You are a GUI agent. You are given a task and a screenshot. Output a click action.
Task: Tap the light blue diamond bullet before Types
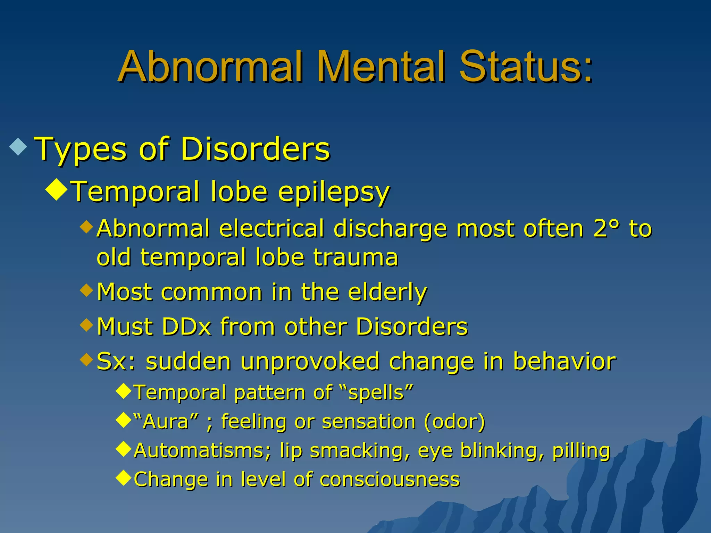click(18, 147)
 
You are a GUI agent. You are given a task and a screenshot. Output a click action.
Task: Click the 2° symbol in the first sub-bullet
click(606, 229)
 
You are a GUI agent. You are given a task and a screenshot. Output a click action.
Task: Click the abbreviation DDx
click(187, 327)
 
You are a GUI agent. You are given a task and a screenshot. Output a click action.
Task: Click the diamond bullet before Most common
click(86, 290)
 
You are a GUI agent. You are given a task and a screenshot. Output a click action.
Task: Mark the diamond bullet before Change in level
click(124, 477)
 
